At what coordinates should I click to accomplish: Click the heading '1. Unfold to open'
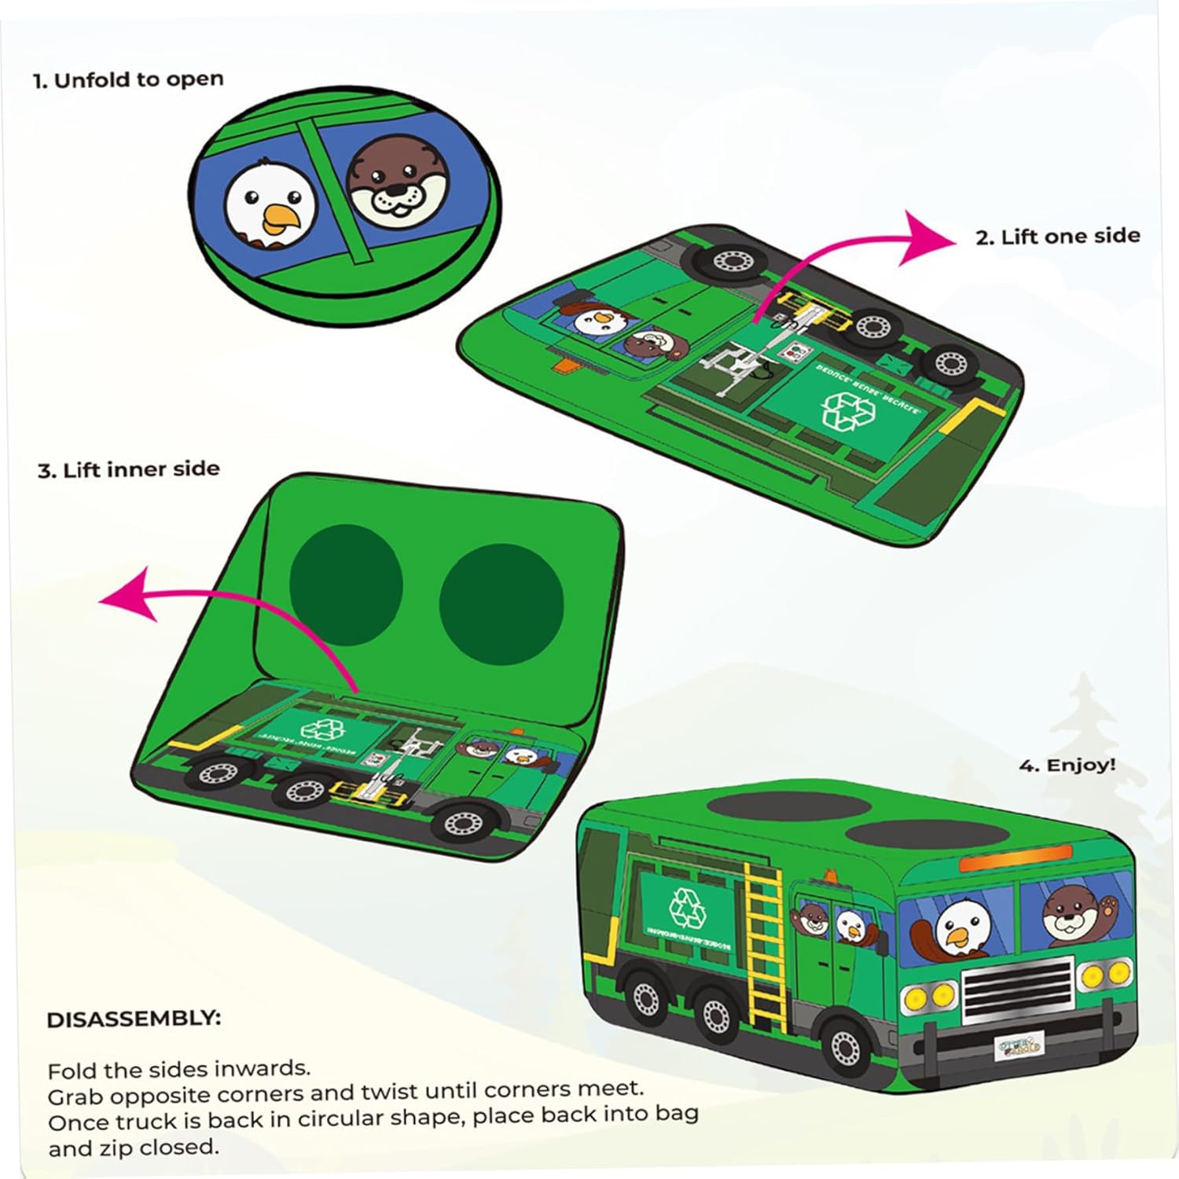pos(128,80)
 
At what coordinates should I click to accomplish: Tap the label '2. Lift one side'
pos(1057,237)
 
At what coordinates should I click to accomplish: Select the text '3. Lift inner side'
pos(128,470)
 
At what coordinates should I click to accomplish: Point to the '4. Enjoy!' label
pos(1067,765)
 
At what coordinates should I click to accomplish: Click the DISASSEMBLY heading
pos(134,1019)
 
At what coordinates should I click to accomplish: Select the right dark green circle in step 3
pos(501,604)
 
